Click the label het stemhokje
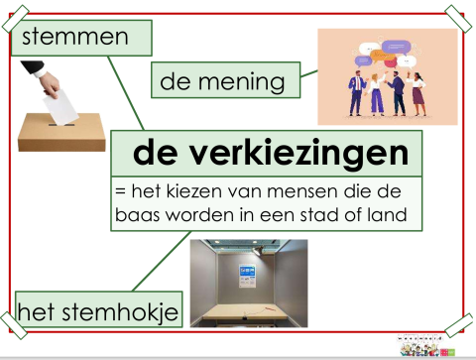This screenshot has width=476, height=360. (97, 313)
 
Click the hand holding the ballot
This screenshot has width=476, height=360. (40, 79)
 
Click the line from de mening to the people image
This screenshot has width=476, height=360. (308, 72)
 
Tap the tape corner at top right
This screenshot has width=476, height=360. (459, 17)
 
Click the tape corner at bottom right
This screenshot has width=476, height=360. (459, 323)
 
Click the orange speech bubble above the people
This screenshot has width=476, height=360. (398, 46)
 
